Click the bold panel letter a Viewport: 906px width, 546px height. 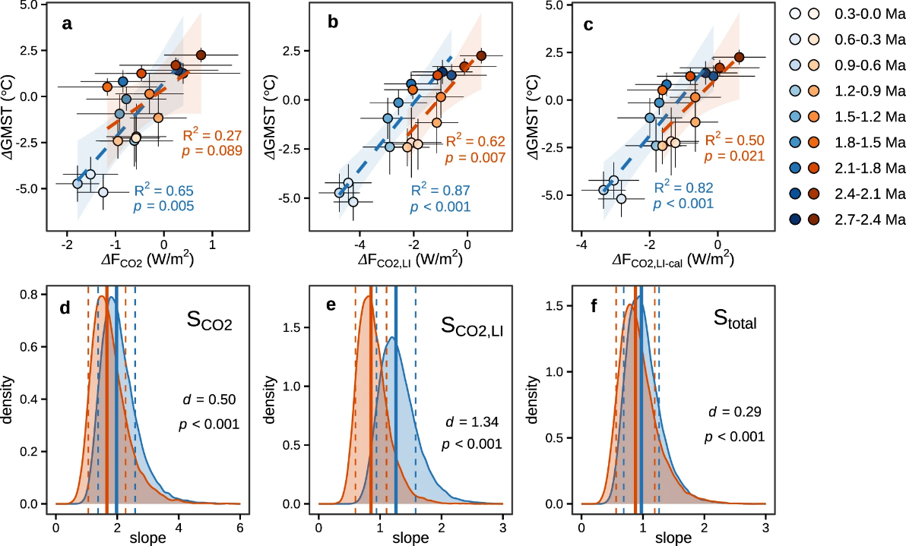68,24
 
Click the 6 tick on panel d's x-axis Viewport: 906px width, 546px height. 239,528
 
